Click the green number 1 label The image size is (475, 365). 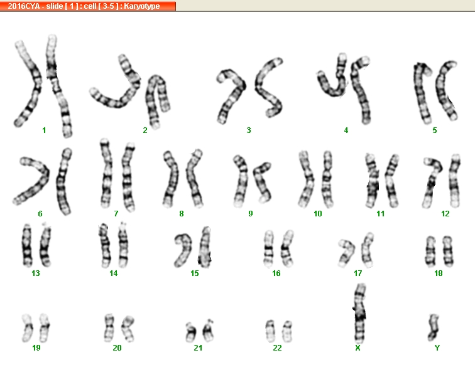(x=44, y=130)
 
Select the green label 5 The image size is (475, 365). (x=435, y=130)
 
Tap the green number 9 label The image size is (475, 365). (x=251, y=214)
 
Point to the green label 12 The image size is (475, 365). (x=445, y=214)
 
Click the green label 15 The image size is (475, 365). (x=195, y=273)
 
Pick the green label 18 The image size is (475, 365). (x=439, y=273)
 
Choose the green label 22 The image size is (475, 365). (x=277, y=348)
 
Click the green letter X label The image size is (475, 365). (x=358, y=348)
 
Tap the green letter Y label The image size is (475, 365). (x=437, y=348)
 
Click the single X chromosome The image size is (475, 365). (x=360, y=314)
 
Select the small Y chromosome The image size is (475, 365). (x=434, y=327)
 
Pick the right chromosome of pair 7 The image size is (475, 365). (x=128, y=177)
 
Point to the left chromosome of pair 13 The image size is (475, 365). (x=27, y=246)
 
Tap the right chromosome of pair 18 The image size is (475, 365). (x=448, y=251)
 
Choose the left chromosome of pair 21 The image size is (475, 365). (x=191, y=332)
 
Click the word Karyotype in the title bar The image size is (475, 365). (x=142, y=6)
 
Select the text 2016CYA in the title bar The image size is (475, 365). (x=24, y=6)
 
